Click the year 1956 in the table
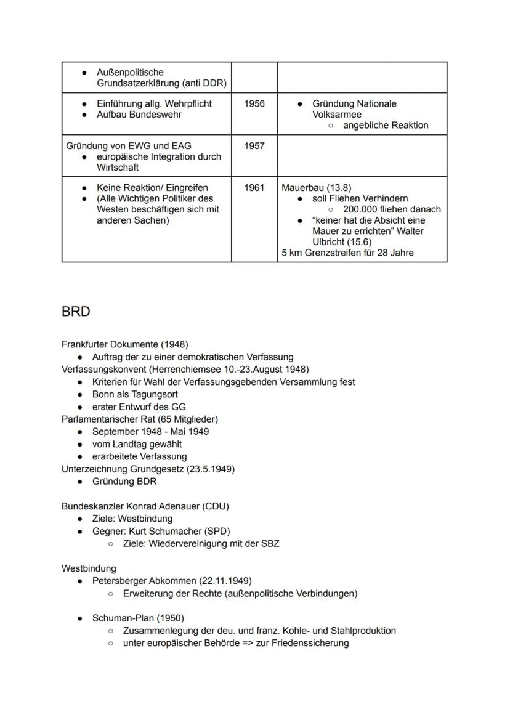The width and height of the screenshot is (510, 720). coord(254,103)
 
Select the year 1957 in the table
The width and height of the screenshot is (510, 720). coord(254,146)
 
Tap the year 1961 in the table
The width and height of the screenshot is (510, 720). coord(254,188)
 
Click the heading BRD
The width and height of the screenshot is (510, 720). coord(76,312)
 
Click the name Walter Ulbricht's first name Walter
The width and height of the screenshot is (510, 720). coord(410,231)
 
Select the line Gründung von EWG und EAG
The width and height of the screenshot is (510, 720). coord(129,146)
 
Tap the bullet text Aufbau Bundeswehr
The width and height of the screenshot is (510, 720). coord(139,115)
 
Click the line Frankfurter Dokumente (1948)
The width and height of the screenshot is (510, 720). coord(125,344)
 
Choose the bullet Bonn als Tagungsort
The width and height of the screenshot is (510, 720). coord(135,394)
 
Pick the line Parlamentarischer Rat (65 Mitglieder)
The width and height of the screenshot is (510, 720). coord(140,419)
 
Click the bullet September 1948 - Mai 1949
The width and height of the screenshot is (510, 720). coord(150,431)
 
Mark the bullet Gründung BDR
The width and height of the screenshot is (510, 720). coord(124,481)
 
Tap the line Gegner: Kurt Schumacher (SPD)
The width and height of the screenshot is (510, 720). coord(161,531)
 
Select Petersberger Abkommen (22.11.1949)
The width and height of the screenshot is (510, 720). coord(172,581)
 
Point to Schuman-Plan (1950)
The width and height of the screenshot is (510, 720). coord(138,618)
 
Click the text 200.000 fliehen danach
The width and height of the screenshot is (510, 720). coord(392,209)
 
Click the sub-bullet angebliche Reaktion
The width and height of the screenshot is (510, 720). coord(386,125)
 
